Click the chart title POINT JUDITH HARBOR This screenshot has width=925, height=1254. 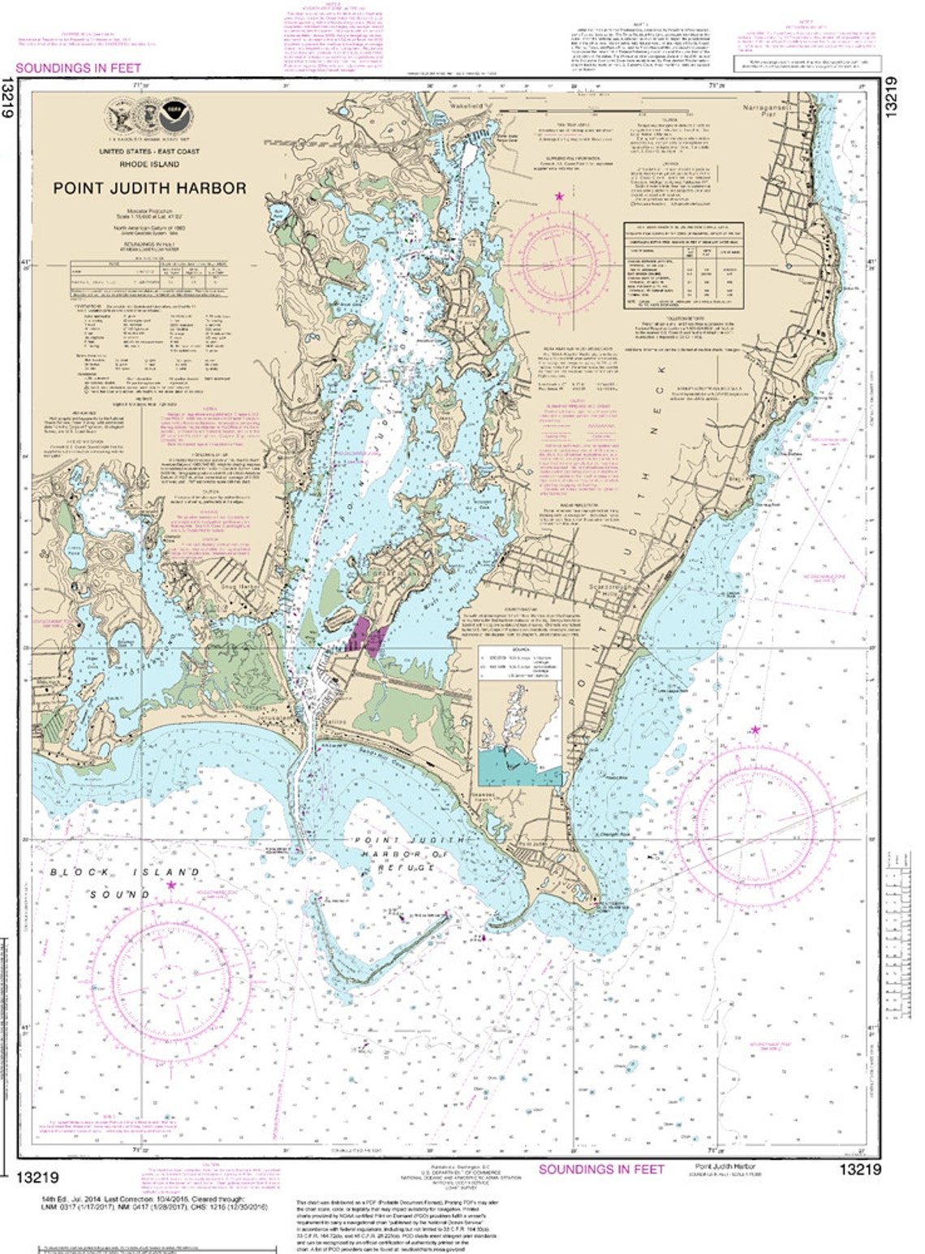point(150,187)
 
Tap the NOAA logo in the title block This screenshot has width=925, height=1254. point(172,114)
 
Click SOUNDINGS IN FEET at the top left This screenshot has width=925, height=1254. point(78,68)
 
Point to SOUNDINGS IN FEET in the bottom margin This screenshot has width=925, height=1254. point(601,1170)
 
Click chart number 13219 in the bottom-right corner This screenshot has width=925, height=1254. point(859,1170)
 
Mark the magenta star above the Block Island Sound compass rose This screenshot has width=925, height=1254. point(171,885)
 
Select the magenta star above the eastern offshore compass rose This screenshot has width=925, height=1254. point(755,730)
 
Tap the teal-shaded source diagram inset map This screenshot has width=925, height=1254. point(519,766)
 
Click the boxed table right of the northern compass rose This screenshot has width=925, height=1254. point(682,265)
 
